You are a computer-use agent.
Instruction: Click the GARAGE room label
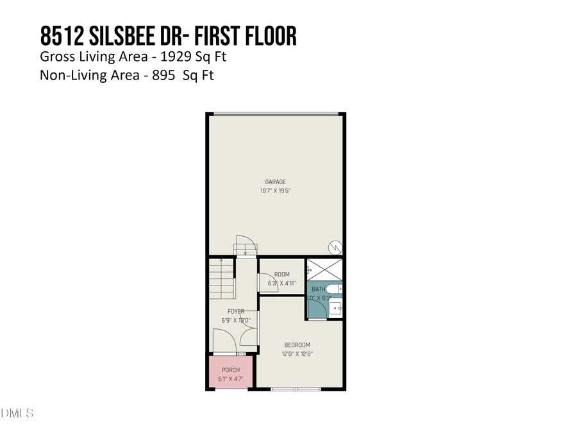(x=276, y=182)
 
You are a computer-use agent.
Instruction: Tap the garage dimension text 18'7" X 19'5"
(x=276, y=191)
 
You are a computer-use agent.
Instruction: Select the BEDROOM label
(x=297, y=344)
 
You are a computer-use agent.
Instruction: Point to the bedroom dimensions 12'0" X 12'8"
(x=297, y=353)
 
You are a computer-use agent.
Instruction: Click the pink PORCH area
(x=231, y=373)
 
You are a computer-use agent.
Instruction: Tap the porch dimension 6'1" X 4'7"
(x=231, y=379)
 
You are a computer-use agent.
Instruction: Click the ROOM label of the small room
(x=282, y=275)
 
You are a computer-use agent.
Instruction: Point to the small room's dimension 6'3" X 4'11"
(x=282, y=284)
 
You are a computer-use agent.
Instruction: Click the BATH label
(x=319, y=289)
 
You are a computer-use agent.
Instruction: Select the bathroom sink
(x=335, y=309)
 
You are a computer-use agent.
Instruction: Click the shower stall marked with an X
(x=325, y=269)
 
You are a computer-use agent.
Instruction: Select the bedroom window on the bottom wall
(x=295, y=389)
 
